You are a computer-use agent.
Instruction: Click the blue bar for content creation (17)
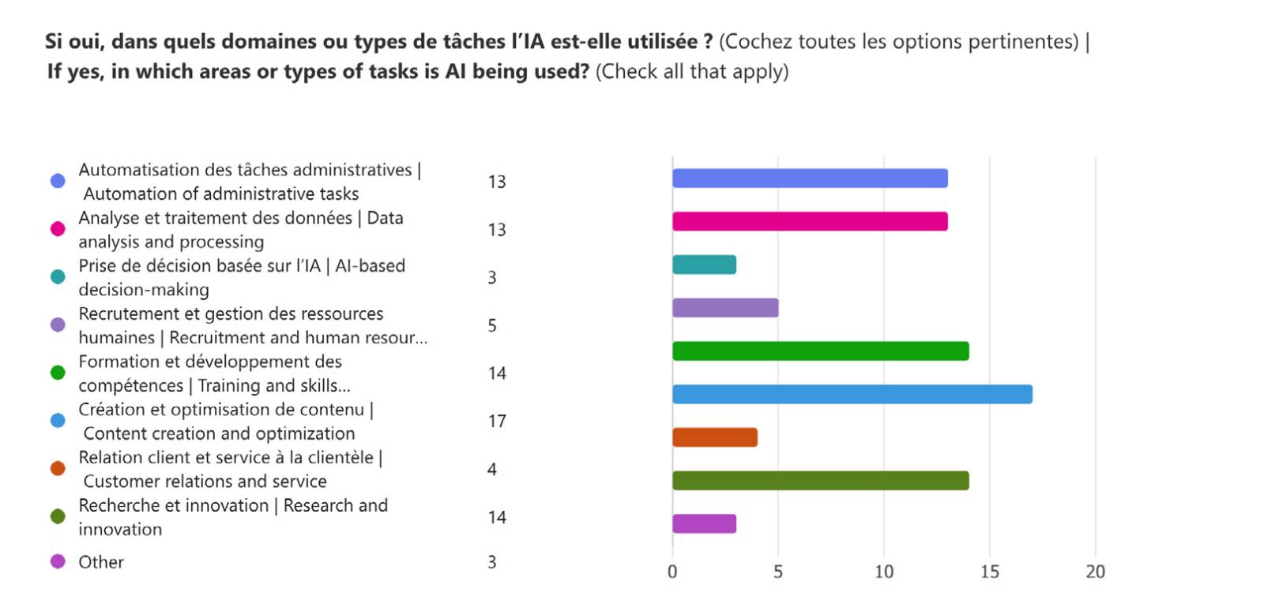(852, 394)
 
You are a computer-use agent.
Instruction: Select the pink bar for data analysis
(810, 222)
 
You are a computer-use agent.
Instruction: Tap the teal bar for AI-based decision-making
(704, 265)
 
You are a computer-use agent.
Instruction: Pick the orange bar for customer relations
(715, 437)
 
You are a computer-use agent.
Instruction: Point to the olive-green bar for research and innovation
(820, 480)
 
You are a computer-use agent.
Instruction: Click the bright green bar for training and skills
(820, 351)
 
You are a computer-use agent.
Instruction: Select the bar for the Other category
(704, 524)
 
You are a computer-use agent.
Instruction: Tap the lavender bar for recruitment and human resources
(725, 308)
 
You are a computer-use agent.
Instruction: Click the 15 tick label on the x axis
(989, 572)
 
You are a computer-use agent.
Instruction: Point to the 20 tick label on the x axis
(1095, 572)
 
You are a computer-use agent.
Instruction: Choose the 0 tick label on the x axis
(672, 572)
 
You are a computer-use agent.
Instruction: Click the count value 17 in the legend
(496, 422)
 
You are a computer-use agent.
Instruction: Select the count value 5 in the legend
(492, 325)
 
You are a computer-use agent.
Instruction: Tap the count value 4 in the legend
(492, 470)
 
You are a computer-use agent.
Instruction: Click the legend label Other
(101, 562)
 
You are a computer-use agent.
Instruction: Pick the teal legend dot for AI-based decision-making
(58, 277)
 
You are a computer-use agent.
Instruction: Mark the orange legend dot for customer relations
(58, 469)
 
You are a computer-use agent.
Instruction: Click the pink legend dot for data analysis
(58, 229)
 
